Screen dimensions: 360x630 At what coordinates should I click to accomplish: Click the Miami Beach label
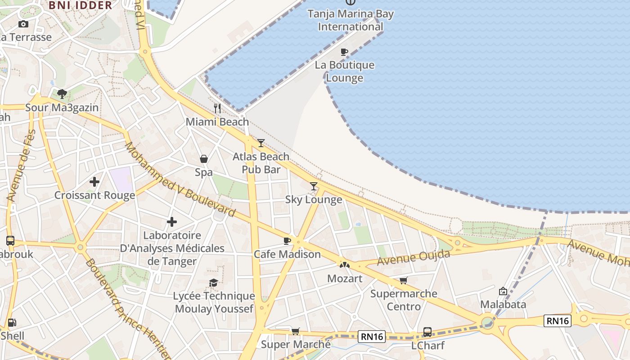click(x=217, y=121)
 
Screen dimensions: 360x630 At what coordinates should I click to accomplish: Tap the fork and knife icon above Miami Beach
click(x=217, y=108)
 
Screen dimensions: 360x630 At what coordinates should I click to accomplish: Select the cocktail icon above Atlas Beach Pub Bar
click(x=261, y=143)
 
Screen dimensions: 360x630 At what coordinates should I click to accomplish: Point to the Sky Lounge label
click(x=314, y=199)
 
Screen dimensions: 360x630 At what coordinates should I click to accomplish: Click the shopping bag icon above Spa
click(x=204, y=159)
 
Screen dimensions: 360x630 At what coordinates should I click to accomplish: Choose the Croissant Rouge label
click(x=94, y=195)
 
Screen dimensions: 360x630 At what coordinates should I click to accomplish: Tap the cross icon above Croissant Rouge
click(x=94, y=182)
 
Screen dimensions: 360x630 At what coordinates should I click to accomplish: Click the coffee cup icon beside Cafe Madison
click(x=287, y=241)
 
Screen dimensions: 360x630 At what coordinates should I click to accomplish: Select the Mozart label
click(x=345, y=279)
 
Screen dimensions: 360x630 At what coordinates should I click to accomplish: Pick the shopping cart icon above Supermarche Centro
click(x=404, y=280)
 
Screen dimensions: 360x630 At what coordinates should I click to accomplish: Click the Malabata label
click(x=503, y=305)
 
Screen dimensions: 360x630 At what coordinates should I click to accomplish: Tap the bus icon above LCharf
click(x=427, y=332)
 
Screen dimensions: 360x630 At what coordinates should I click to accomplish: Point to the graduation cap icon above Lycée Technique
click(x=214, y=283)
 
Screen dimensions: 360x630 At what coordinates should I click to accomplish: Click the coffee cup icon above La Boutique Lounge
click(x=344, y=52)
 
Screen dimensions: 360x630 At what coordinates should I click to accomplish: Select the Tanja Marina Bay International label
click(x=351, y=20)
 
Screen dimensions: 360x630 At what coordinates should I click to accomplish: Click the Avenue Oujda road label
click(x=414, y=258)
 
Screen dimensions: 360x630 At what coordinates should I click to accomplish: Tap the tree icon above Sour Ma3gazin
click(x=62, y=94)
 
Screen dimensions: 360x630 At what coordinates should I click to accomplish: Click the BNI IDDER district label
click(x=80, y=5)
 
